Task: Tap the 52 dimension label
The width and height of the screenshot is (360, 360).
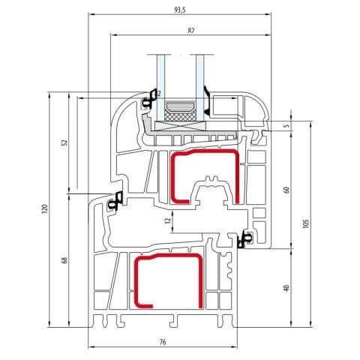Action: click(x=64, y=142)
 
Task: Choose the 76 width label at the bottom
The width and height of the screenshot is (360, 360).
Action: click(x=163, y=343)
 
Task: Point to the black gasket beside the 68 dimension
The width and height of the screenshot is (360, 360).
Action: click(x=115, y=201)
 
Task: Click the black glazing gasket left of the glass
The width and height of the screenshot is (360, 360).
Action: click(x=152, y=96)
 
